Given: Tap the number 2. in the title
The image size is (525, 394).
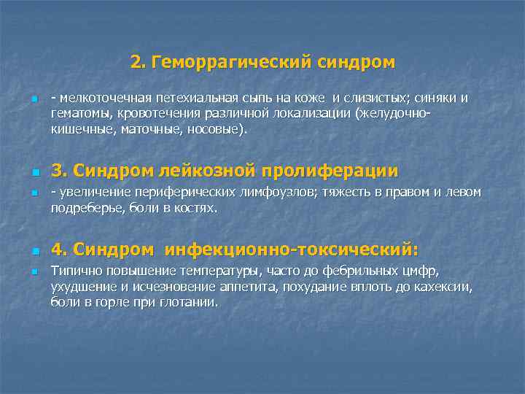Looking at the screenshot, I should (x=137, y=63).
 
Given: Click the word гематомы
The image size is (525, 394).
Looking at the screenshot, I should (x=77, y=115).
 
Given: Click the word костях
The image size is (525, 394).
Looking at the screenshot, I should (x=197, y=209).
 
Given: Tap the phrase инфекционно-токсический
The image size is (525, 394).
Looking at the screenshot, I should (x=292, y=250).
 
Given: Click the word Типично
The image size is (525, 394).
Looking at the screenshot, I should (x=74, y=271).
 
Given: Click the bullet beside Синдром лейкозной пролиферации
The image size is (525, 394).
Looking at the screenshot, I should (x=34, y=172).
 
